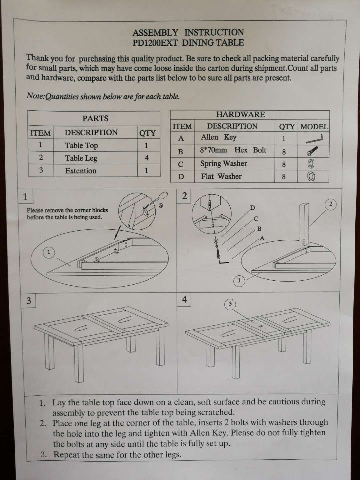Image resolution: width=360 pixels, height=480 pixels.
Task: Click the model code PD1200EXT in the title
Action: click(x=155, y=43)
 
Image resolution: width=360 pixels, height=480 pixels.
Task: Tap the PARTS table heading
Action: click(x=95, y=118)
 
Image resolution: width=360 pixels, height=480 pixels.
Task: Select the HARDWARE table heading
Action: click(x=240, y=114)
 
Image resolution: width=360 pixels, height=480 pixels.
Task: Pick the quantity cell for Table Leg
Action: click(x=147, y=158)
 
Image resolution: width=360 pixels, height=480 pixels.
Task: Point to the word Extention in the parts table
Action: click(x=81, y=171)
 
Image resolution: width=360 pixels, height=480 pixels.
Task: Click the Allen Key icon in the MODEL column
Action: click(x=314, y=139)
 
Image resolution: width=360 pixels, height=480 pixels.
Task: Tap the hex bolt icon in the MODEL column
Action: click(x=312, y=151)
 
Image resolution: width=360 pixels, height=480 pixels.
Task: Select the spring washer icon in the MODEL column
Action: click(x=311, y=164)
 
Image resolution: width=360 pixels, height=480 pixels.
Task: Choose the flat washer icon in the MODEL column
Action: click(x=311, y=177)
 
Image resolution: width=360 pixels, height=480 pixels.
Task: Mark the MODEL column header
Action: click(x=314, y=127)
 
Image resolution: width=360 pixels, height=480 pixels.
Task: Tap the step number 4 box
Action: click(x=184, y=299)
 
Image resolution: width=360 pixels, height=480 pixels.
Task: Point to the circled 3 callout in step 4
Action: click(x=230, y=304)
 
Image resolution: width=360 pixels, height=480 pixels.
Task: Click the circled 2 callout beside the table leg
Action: click(x=331, y=204)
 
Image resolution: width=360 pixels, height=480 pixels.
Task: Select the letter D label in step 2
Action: click(x=252, y=208)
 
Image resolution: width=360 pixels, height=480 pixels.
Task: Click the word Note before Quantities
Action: click(x=35, y=96)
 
